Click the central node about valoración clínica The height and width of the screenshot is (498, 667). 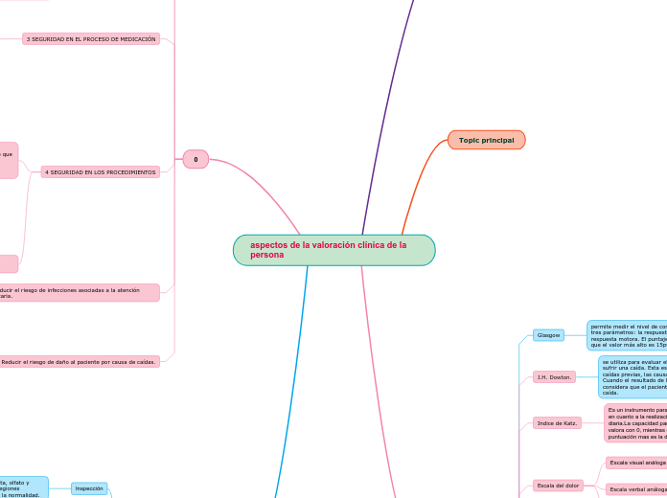coord(333,250)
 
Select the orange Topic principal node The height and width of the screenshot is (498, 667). coord(486,140)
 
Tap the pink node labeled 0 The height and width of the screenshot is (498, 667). coord(195,159)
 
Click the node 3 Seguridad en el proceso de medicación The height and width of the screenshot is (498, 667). coord(91,39)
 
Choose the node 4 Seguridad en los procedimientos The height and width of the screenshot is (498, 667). coord(100,172)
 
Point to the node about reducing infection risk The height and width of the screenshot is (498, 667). coord(77,292)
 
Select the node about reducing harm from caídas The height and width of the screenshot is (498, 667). coord(79,362)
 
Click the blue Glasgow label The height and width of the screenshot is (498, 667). coord(548,335)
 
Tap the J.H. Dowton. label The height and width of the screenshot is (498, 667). coord(554,377)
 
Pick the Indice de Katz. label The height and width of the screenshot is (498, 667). coord(557,422)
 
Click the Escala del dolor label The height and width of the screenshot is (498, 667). coord(558,486)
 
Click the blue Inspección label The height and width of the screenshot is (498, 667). coord(89,488)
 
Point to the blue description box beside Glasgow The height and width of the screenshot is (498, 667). coord(628,335)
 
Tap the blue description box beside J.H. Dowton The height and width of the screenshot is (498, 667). coord(632,377)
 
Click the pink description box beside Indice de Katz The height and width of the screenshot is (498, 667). coord(635,422)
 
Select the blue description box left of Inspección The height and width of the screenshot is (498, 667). coord(23,488)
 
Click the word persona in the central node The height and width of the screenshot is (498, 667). coord(266,256)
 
